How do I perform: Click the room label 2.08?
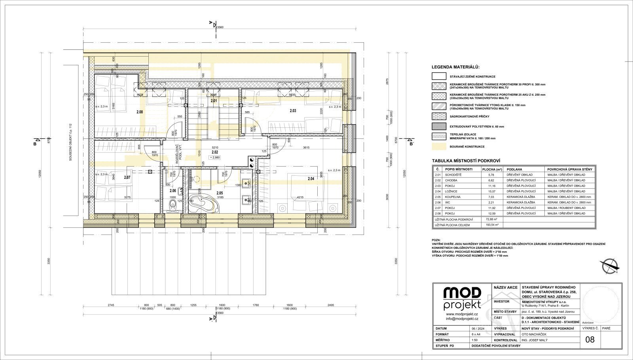click(x=139, y=112)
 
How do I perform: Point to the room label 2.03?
click(x=293, y=111)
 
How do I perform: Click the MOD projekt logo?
click(x=462, y=299)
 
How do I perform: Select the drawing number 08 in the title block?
click(x=589, y=339)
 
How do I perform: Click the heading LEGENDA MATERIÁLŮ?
click(x=455, y=67)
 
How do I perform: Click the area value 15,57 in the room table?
click(x=489, y=191)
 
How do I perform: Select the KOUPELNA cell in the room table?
click(x=453, y=197)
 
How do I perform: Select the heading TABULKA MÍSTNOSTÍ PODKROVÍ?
click(x=466, y=161)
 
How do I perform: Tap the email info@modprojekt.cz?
click(x=462, y=318)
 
